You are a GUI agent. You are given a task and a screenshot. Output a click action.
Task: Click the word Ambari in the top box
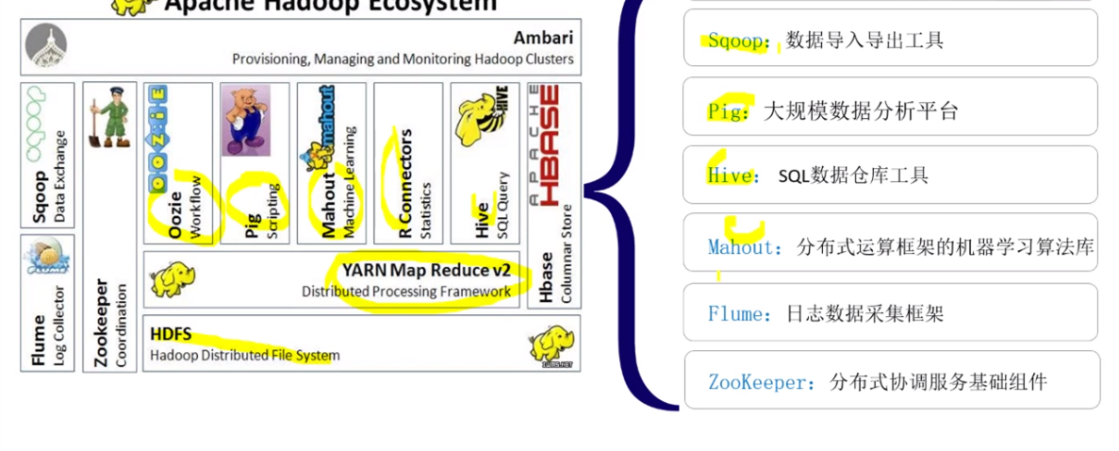(x=543, y=38)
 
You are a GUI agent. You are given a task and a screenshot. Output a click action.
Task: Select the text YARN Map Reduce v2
(x=426, y=270)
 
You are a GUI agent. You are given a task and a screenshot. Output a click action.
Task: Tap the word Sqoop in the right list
(x=739, y=41)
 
